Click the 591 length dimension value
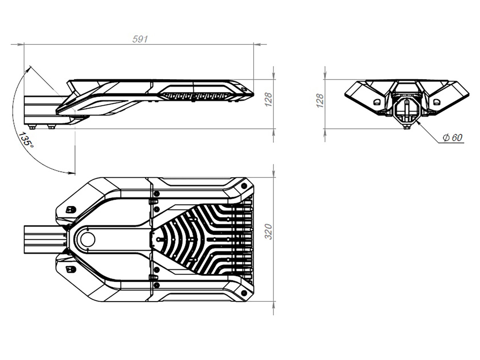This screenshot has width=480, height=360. click(x=140, y=39)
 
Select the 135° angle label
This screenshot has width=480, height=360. click(x=26, y=140)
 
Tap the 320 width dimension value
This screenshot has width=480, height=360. click(x=268, y=232)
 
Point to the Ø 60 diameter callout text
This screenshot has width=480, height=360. click(x=452, y=137)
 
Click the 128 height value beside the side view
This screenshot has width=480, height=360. click(x=268, y=100)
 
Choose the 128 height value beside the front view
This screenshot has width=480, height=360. click(x=320, y=100)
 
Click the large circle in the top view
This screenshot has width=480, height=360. click(x=88, y=240)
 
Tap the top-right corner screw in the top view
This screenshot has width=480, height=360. click(x=244, y=186)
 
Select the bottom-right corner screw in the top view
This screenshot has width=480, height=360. click(x=244, y=293)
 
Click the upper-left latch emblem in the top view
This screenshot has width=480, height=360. click(x=71, y=210)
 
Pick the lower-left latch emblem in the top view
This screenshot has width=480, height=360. click(x=71, y=270)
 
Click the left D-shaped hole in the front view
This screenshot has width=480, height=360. click(x=377, y=102)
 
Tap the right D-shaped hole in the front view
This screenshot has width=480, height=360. click(x=437, y=102)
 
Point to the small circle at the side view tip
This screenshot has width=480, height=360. click(x=244, y=89)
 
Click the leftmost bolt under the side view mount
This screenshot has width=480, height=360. click(x=32, y=127)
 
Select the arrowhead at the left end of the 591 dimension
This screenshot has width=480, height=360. click(x=21, y=44)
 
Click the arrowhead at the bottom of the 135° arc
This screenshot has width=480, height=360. click(x=72, y=173)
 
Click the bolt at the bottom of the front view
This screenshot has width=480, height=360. click(x=406, y=127)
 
